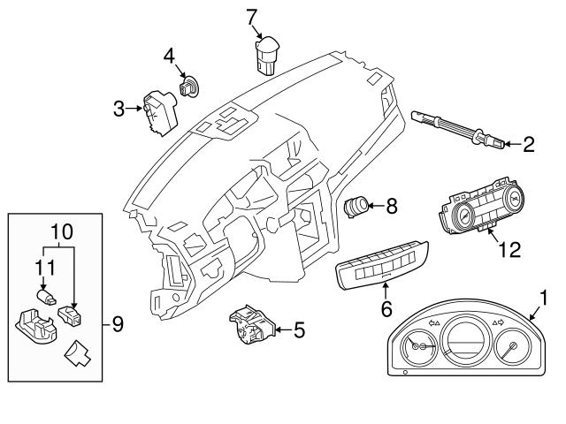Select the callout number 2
coord(529,143)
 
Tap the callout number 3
coord(119,110)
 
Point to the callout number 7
coord(252,15)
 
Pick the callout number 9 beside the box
coord(118,324)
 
